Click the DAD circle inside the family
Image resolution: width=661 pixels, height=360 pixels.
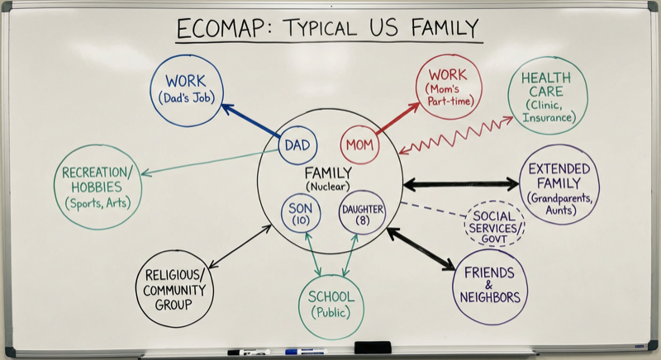click(297, 145)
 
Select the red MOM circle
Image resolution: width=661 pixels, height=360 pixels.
click(359, 145)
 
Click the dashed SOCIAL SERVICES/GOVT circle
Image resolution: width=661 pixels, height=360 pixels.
click(494, 224)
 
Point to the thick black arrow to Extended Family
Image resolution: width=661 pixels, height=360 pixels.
click(460, 183)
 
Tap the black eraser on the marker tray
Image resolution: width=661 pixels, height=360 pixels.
click(372, 348)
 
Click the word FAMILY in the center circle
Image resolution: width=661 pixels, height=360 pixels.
click(328, 173)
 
